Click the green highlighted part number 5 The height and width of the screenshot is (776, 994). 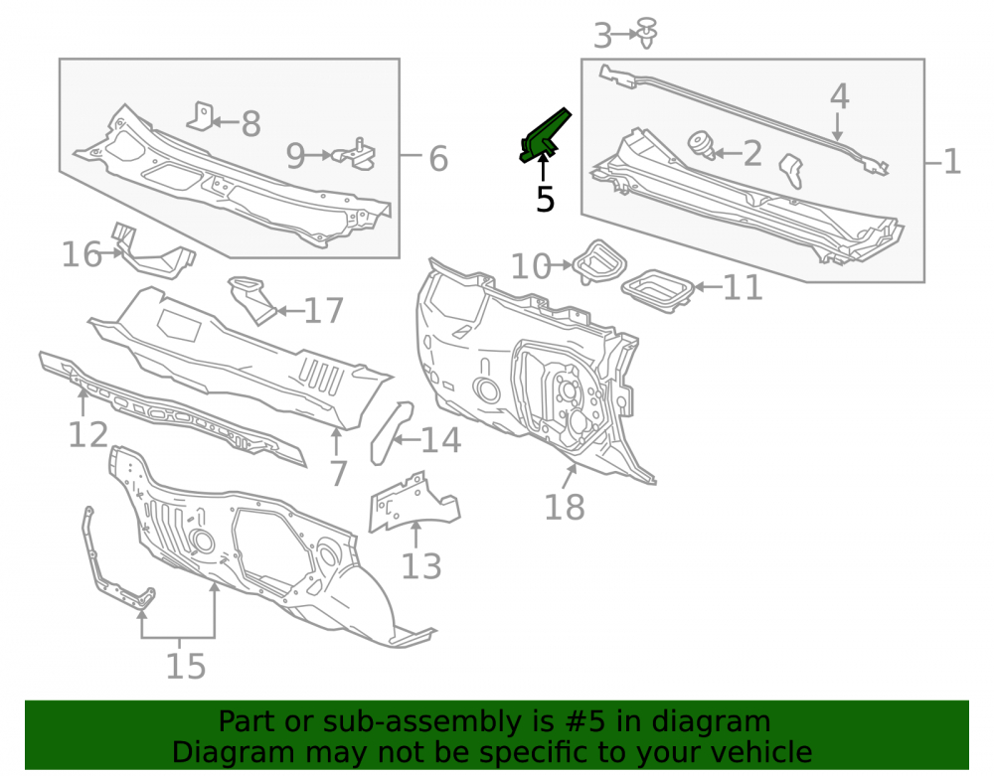coord(544,136)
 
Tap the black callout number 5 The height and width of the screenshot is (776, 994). coord(545,199)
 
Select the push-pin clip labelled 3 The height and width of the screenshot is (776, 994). coord(647,33)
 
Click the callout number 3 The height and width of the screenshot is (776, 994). coord(603,36)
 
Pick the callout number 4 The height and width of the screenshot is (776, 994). coord(840,96)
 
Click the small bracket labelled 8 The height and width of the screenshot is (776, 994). coord(202,116)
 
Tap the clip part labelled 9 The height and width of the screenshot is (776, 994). coord(355,154)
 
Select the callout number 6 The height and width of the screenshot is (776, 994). coord(438,158)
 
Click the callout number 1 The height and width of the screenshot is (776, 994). coord(952,162)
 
